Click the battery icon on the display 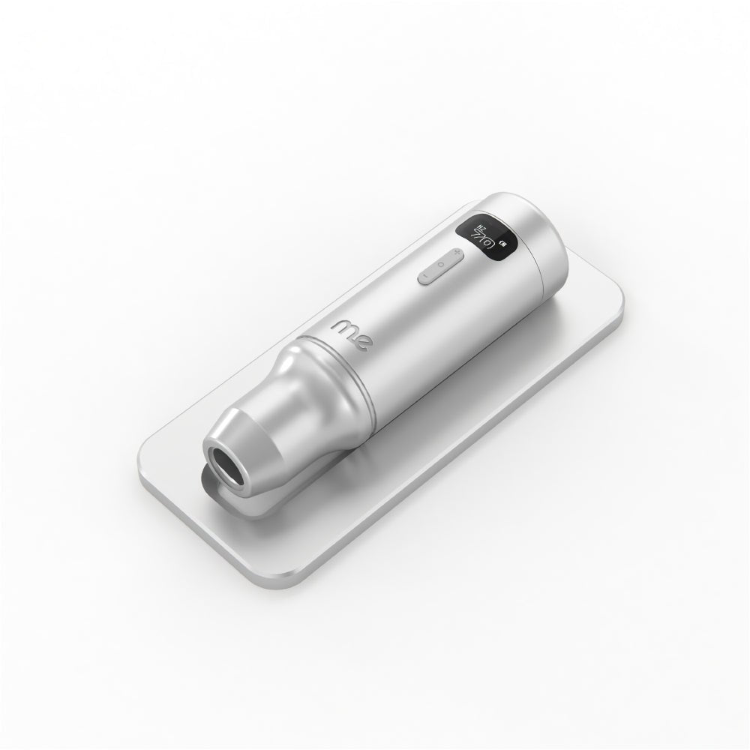(502, 244)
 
